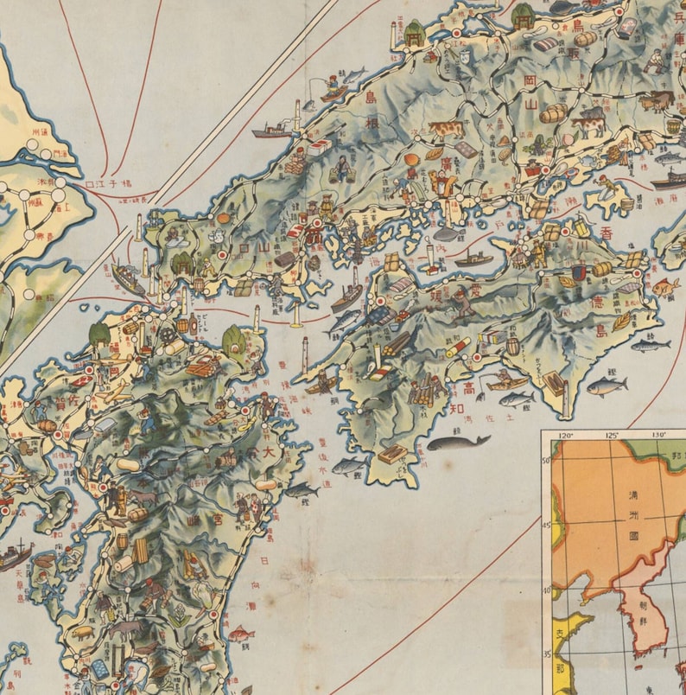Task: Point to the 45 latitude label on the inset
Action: pos(546,525)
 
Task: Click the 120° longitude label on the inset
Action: pos(567,436)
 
